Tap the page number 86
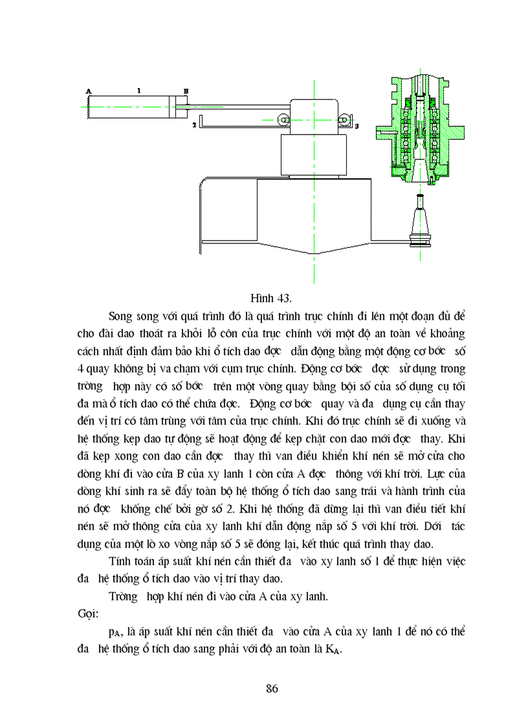point(272,688)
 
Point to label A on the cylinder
point(89,91)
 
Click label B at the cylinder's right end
point(186,91)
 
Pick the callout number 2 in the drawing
point(193,124)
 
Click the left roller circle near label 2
point(283,120)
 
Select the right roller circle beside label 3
point(343,120)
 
